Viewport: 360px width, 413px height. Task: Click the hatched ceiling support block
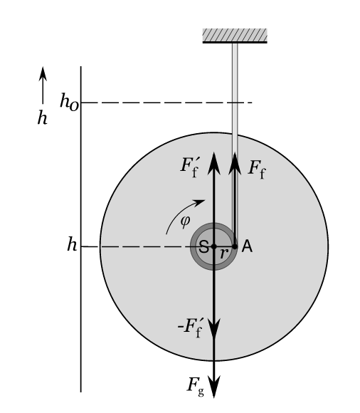[235, 36]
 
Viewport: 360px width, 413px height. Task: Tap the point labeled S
[214, 246]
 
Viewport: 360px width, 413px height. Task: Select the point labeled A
[235, 246]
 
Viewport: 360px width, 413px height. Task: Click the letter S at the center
[204, 247]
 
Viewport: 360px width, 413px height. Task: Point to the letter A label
[247, 246]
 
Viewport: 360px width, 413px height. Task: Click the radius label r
[224, 253]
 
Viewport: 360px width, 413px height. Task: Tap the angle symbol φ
[185, 221]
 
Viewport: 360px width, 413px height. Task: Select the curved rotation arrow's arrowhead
[199, 203]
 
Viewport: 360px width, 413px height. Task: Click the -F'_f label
[190, 328]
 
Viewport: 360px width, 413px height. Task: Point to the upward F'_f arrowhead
[214, 163]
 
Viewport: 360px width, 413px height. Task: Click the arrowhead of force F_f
[235, 163]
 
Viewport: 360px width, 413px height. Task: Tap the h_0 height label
[69, 102]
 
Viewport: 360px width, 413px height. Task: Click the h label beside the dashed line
[72, 244]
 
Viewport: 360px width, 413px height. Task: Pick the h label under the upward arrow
[43, 117]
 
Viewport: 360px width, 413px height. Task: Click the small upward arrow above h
[43, 85]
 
